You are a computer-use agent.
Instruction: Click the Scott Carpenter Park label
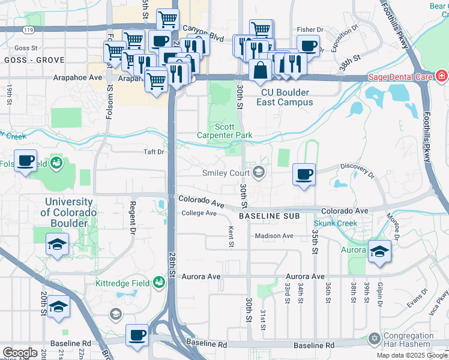pyautogui.click(x=225, y=131)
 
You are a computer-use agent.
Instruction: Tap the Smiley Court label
pyautogui.click(x=225, y=173)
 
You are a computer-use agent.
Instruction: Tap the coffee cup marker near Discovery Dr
pyautogui.click(x=304, y=175)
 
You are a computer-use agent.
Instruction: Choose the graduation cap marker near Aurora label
pyautogui.click(x=379, y=251)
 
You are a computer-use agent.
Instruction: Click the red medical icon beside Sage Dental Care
pyautogui.click(x=442, y=77)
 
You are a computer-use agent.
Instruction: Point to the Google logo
pyautogui.click(x=19, y=353)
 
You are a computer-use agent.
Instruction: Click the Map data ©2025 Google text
pyautogui.click(x=411, y=355)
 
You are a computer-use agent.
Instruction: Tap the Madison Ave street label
pyautogui.click(x=274, y=236)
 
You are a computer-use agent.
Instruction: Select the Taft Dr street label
pyautogui.click(x=153, y=152)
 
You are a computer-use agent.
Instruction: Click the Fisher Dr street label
pyautogui.click(x=310, y=29)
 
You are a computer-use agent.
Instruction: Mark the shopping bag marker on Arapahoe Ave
pyautogui.click(x=261, y=70)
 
